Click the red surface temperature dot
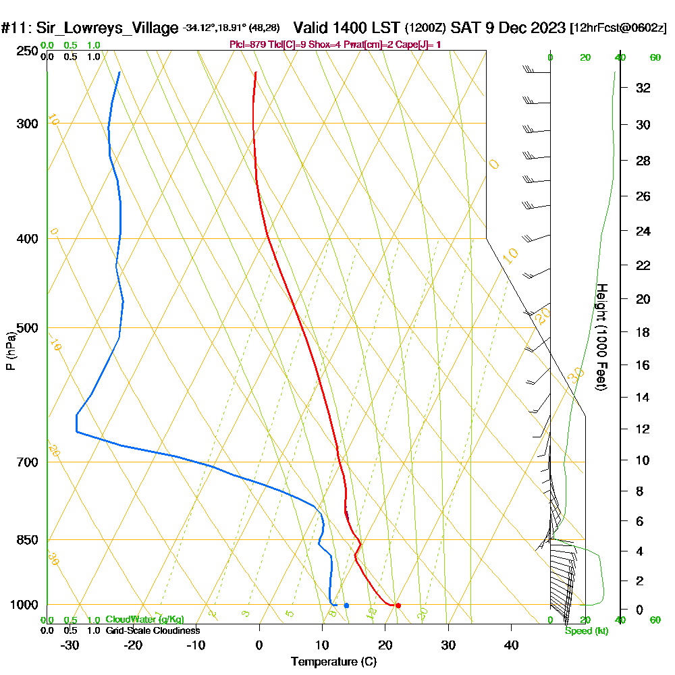[398, 605]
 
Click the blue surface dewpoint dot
[346, 605]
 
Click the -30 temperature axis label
[70, 645]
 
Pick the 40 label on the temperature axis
[512, 645]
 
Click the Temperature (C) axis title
[333, 662]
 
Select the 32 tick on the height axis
[643, 88]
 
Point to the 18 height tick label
[643, 332]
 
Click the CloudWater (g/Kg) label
[144, 620]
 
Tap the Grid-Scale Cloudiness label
[153, 630]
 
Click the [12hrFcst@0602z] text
[618, 28]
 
